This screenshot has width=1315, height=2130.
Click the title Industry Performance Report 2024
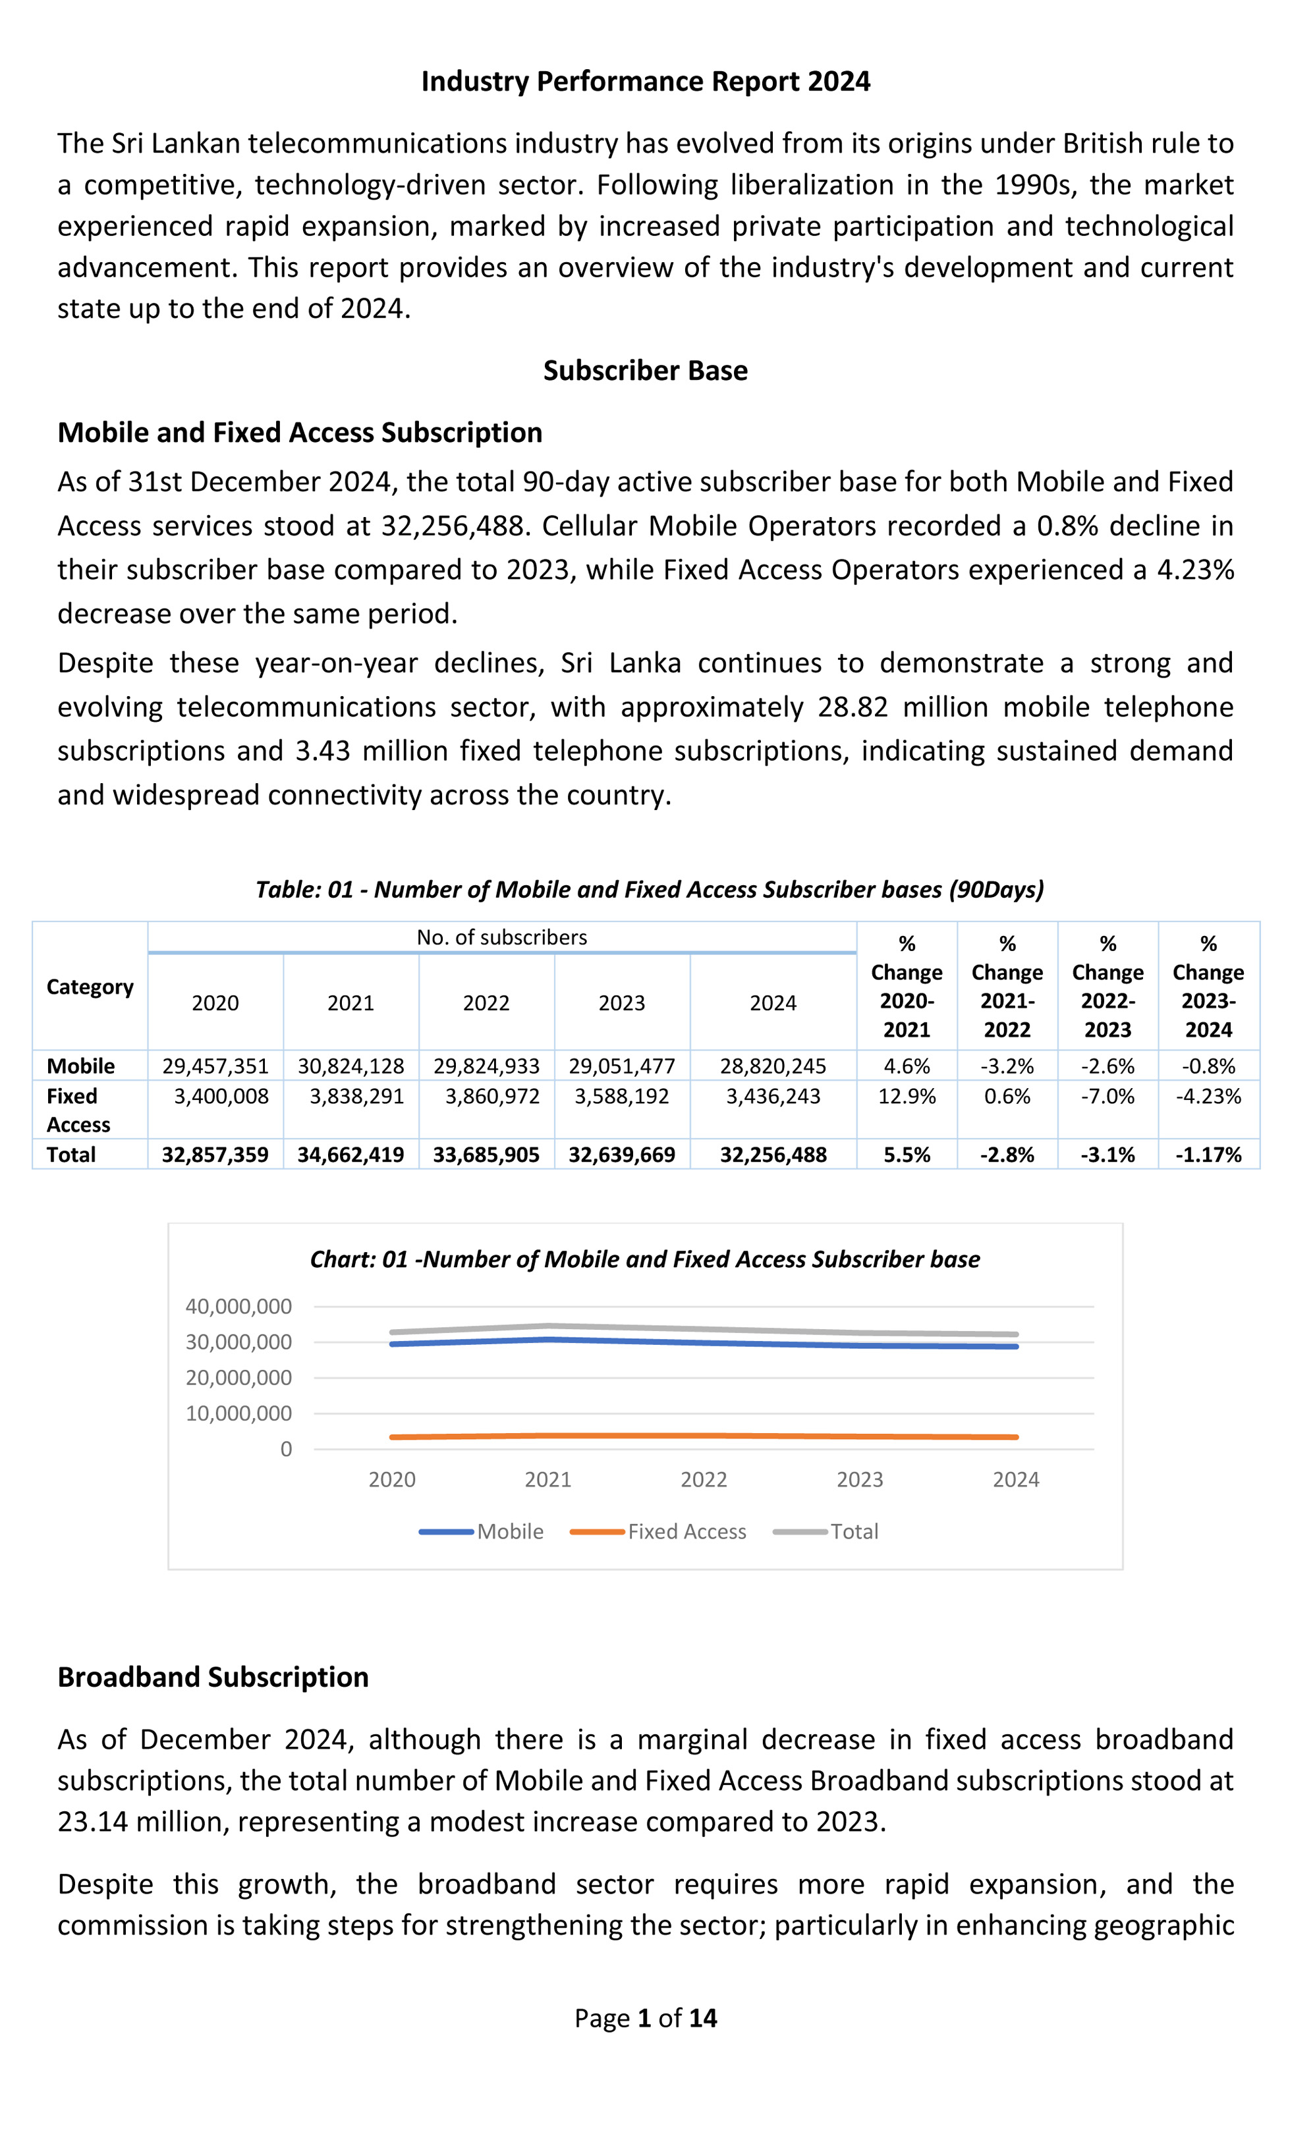[x=646, y=81]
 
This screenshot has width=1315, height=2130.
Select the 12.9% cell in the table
[x=907, y=1097]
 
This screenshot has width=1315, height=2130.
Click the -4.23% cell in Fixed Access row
[x=1208, y=1097]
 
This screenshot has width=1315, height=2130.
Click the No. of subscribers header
[x=502, y=937]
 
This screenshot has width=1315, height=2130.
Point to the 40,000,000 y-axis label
[x=238, y=1306]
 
